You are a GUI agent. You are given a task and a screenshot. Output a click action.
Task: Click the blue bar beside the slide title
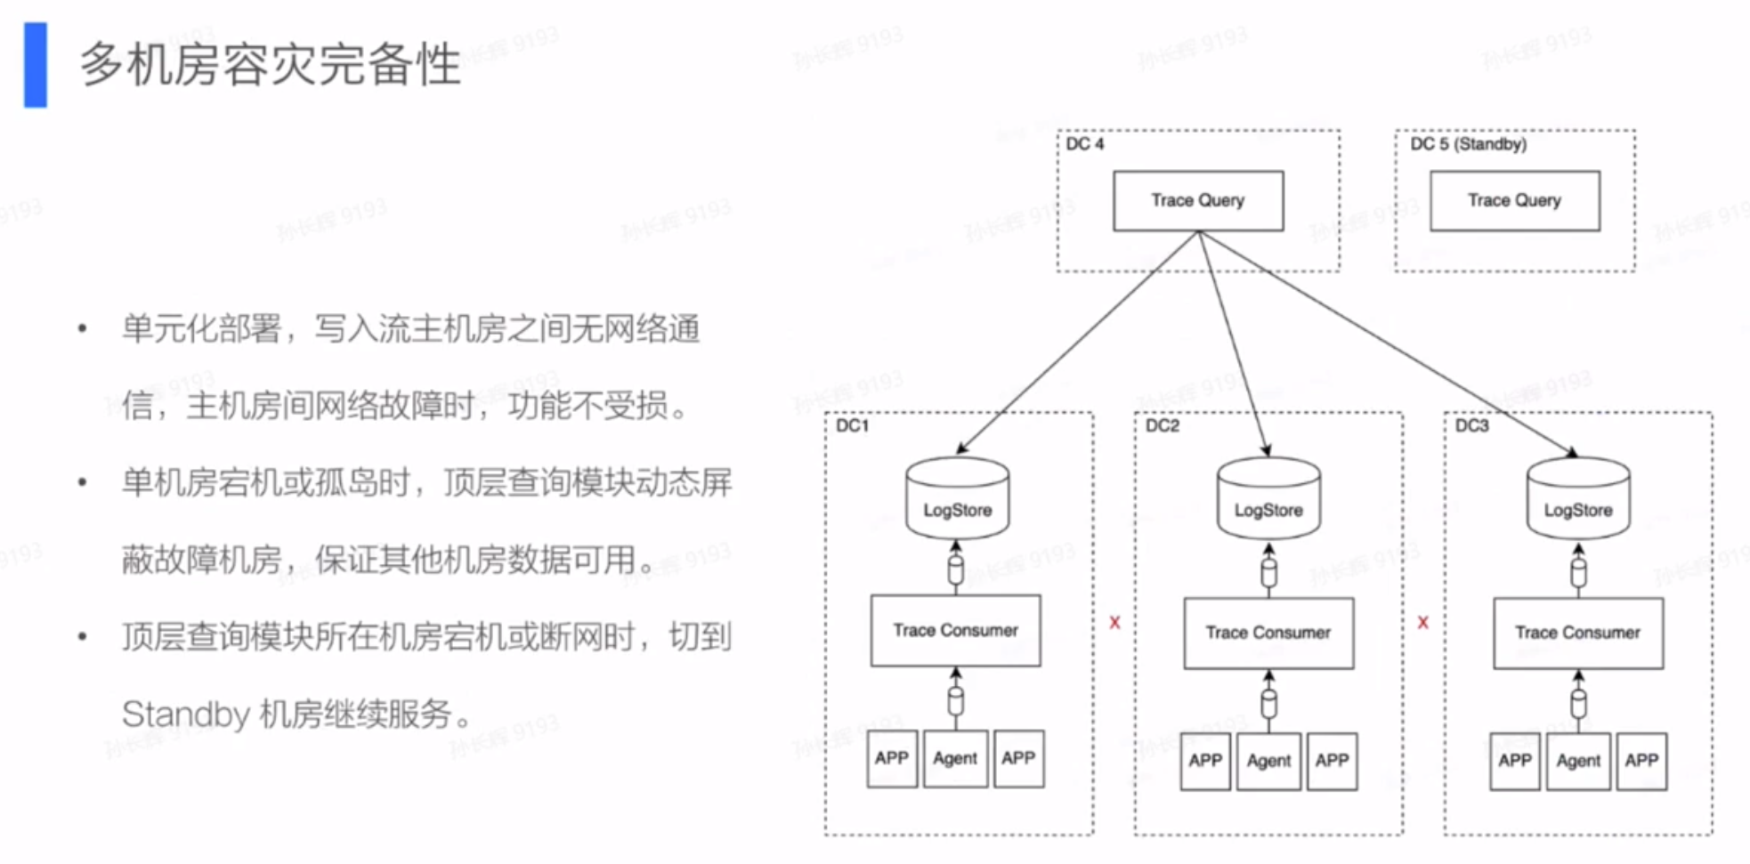tap(36, 65)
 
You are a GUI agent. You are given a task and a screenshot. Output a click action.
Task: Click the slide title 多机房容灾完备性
tap(271, 64)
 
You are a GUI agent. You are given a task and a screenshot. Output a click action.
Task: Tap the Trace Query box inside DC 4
tap(1198, 201)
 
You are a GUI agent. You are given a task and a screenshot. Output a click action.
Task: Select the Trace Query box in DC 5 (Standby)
tap(1514, 201)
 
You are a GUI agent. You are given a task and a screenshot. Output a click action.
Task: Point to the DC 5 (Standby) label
tap(1468, 144)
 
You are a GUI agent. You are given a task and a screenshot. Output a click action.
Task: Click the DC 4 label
tap(1085, 144)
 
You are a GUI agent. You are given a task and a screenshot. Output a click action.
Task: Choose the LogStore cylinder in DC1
tap(957, 498)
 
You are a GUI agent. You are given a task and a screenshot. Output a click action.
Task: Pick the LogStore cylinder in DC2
tap(1268, 498)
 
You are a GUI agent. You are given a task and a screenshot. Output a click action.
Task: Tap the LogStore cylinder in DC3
tap(1578, 498)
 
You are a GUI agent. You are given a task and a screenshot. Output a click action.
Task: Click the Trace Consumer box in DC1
tap(955, 631)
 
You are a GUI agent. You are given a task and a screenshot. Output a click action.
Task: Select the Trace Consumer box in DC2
tap(1268, 634)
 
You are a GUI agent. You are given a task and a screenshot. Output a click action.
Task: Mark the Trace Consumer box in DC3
tap(1578, 634)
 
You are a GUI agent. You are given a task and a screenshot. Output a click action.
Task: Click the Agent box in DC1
tap(955, 759)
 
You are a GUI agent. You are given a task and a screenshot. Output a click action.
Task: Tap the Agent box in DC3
tap(1578, 762)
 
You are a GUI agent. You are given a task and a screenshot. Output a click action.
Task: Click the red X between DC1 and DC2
tap(1114, 623)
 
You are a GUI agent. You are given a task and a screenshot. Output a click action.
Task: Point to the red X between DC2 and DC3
tap(1422, 623)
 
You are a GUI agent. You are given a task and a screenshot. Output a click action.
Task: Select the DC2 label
tap(1163, 426)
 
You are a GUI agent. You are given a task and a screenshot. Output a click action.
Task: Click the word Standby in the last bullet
tap(186, 715)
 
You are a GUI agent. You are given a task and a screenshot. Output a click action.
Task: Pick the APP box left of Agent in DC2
tap(1205, 762)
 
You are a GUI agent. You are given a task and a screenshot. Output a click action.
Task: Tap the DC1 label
tap(852, 426)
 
